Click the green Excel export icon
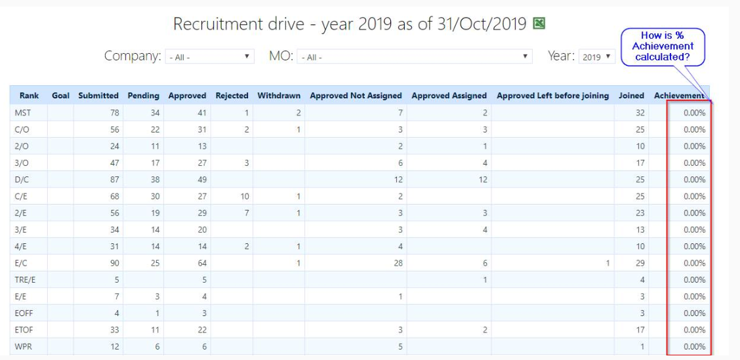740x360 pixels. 539,23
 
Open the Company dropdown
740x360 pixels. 209,56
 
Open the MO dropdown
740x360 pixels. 415,56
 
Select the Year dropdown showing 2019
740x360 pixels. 596,56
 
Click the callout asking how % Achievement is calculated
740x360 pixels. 663,47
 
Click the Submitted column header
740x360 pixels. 98,95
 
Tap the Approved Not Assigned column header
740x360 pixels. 356,95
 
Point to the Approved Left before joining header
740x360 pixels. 552,95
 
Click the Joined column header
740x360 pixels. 632,95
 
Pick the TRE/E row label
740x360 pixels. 25,280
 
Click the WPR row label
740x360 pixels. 24,347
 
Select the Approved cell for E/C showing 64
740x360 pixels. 201,263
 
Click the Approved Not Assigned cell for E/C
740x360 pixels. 398,263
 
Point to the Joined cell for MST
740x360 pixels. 640,113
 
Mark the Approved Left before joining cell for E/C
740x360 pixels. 607,263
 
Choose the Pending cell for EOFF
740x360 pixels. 157,313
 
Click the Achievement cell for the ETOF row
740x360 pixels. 694,330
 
